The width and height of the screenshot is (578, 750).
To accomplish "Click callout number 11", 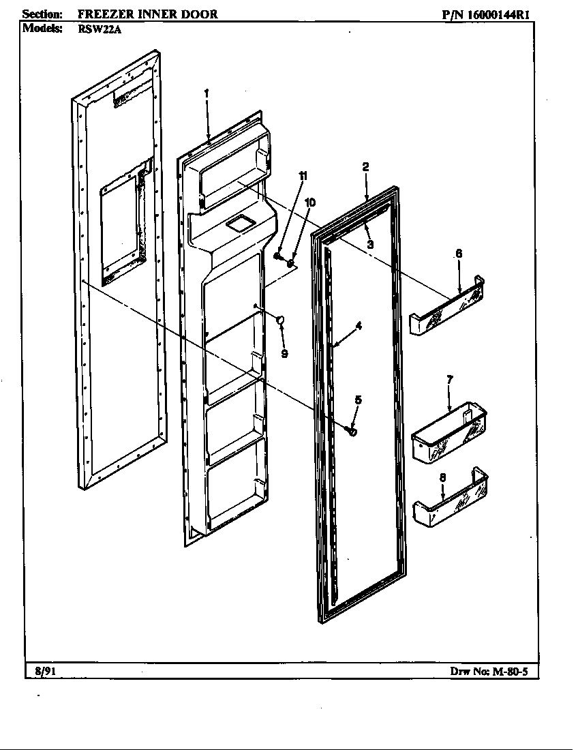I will tap(303, 176).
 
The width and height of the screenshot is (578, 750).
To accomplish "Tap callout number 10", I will tap(310, 202).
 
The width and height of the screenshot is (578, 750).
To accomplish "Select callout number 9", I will tap(284, 353).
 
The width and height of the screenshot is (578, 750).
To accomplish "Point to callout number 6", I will tap(459, 253).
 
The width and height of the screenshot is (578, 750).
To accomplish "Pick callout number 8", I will tap(442, 478).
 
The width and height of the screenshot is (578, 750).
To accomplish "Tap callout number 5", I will tap(358, 400).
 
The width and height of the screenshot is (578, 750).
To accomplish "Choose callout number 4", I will tap(359, 326).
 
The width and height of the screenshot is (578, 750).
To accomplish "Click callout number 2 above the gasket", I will tap(366, 166).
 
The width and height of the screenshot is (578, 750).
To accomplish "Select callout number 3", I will tap(370, 244).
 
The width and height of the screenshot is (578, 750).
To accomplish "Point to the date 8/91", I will tap(45, 671).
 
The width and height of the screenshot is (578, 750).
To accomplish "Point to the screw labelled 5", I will tap(352, 431).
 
